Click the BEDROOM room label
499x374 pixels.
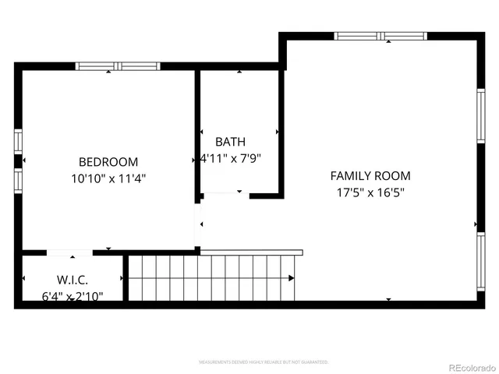(x=108, y=162)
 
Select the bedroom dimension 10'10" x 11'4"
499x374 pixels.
(x=108, y=178)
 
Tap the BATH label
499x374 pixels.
(x=230, y=142)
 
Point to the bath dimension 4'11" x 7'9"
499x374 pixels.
(x=230, y=157)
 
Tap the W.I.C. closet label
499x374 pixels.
(x=72, y=280)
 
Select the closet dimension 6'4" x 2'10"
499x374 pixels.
(x=72, y=295)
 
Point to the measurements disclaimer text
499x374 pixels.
(x=263, y=362)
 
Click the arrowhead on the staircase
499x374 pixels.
(x=292, y=278)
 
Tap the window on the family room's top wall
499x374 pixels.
(x=380, y=36)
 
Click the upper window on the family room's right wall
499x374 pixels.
(x=481, y=115)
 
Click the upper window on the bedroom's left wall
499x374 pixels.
(x=18, y=141)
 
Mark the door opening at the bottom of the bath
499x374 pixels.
(x=226, y=194)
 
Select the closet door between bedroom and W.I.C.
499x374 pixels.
(x=70, y=252)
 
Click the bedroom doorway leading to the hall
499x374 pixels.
(x=197, y=224)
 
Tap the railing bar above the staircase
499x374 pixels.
(x=251, y=252)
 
